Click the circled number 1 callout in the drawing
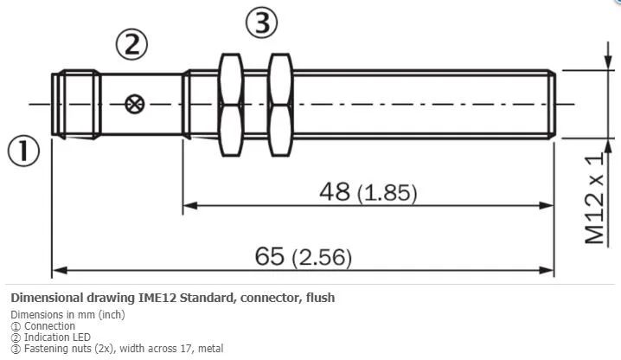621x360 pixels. click(23, 151)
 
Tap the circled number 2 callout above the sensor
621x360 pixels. click(131, 44)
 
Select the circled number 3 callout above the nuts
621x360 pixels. click(261, 22)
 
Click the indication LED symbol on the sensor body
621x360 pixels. click(135, 104)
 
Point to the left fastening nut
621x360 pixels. click(231, 105)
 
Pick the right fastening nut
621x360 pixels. click(280, 105)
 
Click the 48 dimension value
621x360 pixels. click(335, 191)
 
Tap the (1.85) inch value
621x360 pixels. click(387, 193)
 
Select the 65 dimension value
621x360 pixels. click(269, 256)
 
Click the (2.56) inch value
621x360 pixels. click(322, 258)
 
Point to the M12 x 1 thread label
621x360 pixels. click(595, 198)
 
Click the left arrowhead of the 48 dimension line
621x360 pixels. click(190, 205)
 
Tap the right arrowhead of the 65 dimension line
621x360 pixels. click(547, 270)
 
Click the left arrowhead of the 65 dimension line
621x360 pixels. click(60, 270)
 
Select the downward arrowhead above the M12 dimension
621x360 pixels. click(607, 62)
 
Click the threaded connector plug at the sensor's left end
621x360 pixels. click(76, 105)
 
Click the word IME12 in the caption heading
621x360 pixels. click(157, 298)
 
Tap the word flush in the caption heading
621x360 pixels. click(320, 298)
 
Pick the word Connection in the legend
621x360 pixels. click(49, 326)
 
